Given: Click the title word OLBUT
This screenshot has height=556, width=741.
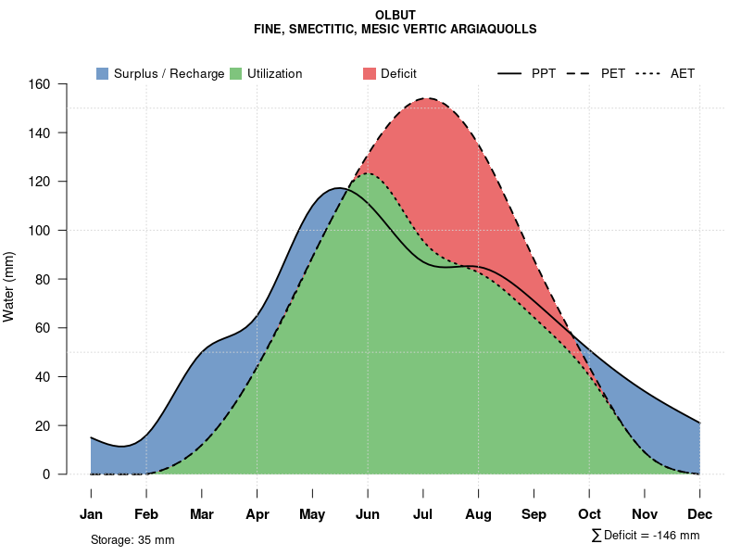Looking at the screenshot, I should pos(396,15).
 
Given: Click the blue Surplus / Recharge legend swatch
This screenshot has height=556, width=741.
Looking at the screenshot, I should pos(102,73).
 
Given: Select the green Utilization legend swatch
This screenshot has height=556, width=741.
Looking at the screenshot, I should pos(235,73).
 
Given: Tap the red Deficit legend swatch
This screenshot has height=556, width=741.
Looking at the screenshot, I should pos(370,73).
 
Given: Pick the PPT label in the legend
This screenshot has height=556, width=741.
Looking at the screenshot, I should pos(544,73).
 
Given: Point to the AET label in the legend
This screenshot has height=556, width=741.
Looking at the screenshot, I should pos(683,73).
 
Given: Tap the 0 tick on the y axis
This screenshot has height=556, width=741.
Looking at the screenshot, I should pos(56,474).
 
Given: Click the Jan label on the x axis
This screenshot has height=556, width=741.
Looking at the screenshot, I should pos(91,513).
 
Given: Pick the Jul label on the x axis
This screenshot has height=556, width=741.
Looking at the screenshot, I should pos(423,513).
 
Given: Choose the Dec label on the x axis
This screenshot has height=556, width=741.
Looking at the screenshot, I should pos(700,513).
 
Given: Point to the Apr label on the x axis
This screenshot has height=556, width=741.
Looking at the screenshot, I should pos(257,513).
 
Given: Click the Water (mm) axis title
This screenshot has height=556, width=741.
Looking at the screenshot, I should pos(9,287).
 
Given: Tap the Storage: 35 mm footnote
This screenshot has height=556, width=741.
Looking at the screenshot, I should pos(132,539).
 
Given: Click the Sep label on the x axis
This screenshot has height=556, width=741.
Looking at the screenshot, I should pos(534,513).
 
